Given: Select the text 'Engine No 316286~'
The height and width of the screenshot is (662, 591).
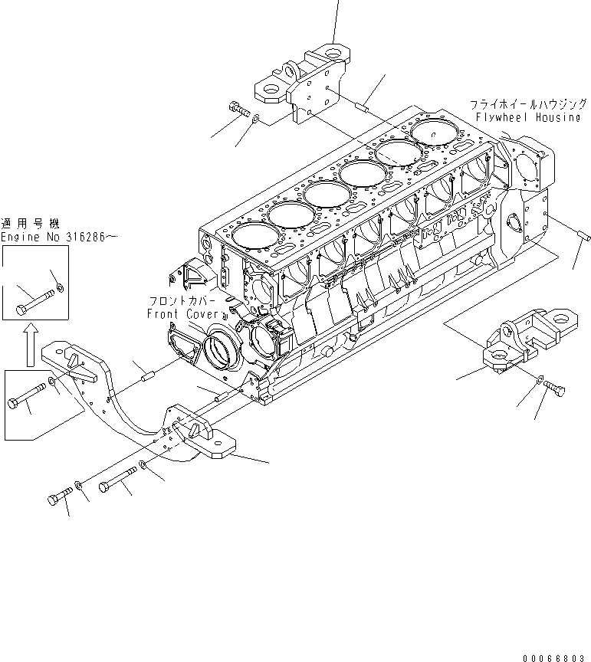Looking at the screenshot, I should tap(59, 238).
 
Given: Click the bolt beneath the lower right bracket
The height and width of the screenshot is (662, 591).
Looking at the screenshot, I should tap(556, 393).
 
